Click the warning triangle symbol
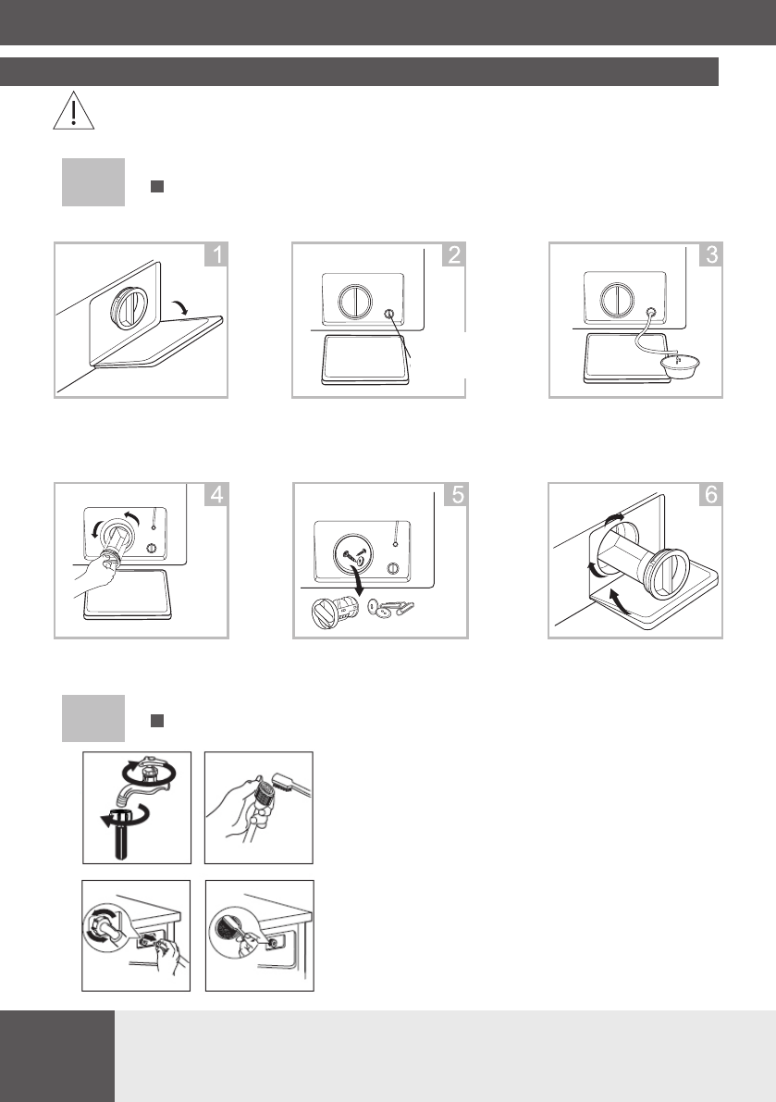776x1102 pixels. click(x=74, y=111)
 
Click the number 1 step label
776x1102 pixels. click(x=216, y=254)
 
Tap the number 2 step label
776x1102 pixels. click(x=453, y=254)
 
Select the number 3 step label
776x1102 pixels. click(x=710, y=254)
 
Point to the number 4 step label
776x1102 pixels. click(x=216, y=495)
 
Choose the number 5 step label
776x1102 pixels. click(x=457, y=495)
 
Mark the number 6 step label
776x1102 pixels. click(x=710, y=495)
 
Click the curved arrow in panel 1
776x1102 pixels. click(x=180, y=305)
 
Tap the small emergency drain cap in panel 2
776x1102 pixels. click(x=389, y=315)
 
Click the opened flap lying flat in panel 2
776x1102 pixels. click(x=365, y=358)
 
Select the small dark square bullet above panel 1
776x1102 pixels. click(x=157, y=186)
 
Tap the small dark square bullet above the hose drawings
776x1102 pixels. click(x=157, y=721)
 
